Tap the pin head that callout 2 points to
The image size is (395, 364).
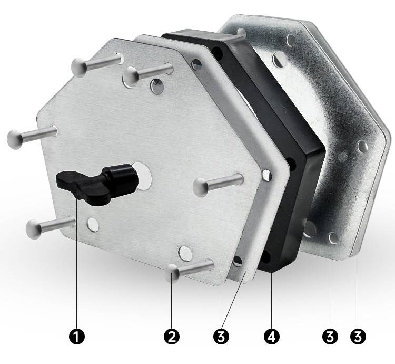pyautogui.click(x=172, y=273)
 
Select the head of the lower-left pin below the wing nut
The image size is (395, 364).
pyautogui.click(x=34, y=229)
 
